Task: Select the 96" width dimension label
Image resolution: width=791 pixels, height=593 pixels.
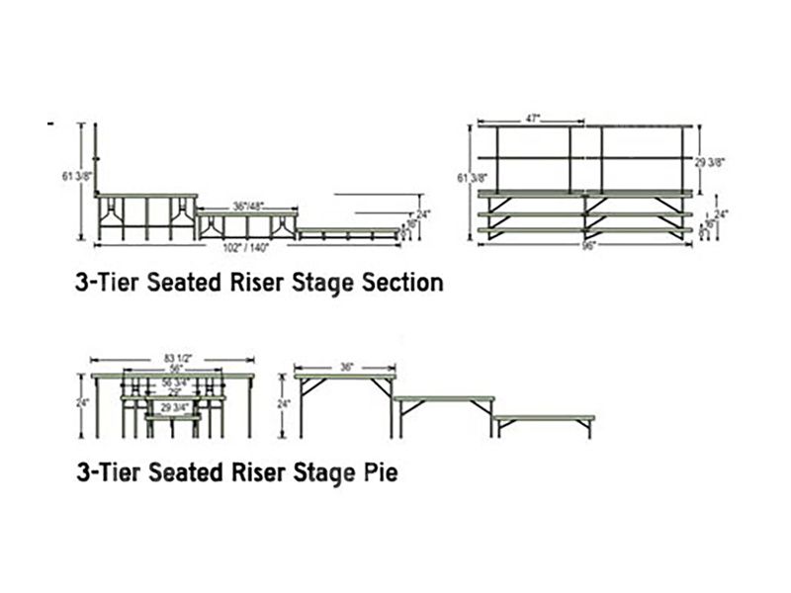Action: [x=590, y=245]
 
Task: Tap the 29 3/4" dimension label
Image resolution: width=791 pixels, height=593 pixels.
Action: [x=174, y=407]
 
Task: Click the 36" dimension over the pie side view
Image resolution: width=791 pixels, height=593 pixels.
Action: [x=347, y=366]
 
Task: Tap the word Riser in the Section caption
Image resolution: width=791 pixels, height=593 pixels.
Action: [x=252, y=283]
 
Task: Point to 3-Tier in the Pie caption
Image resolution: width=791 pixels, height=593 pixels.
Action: [x=108, y=473]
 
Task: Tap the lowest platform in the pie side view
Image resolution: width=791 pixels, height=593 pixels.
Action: [x=544, y=419]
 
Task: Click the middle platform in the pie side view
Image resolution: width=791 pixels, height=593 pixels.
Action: [x=444, y=398]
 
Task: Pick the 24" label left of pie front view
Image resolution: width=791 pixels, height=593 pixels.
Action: [x=85, y=403]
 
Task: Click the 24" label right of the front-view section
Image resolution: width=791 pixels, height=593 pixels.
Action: [x=722, y=212]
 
